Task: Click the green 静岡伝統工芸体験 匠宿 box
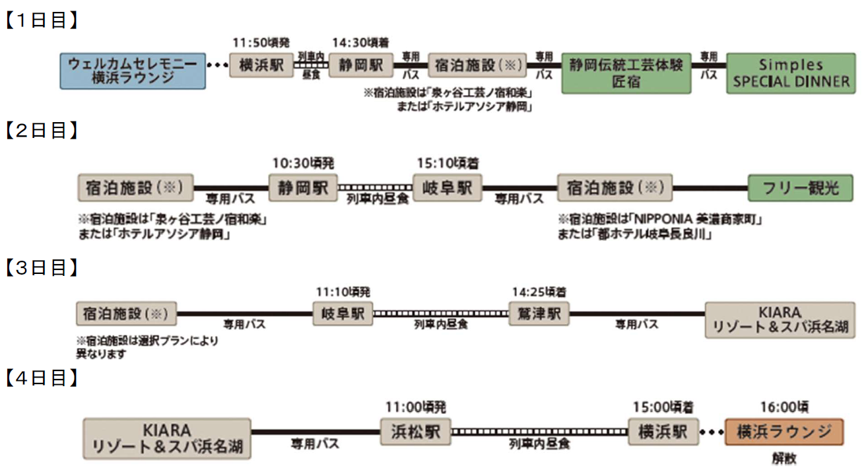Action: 626,72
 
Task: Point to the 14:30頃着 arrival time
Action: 360,43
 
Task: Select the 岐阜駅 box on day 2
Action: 447,187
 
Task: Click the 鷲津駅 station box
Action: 539,314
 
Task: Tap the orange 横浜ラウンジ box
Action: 784,432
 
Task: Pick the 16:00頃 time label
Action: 784,407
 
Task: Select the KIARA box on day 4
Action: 167,438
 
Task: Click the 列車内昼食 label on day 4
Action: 539,444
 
